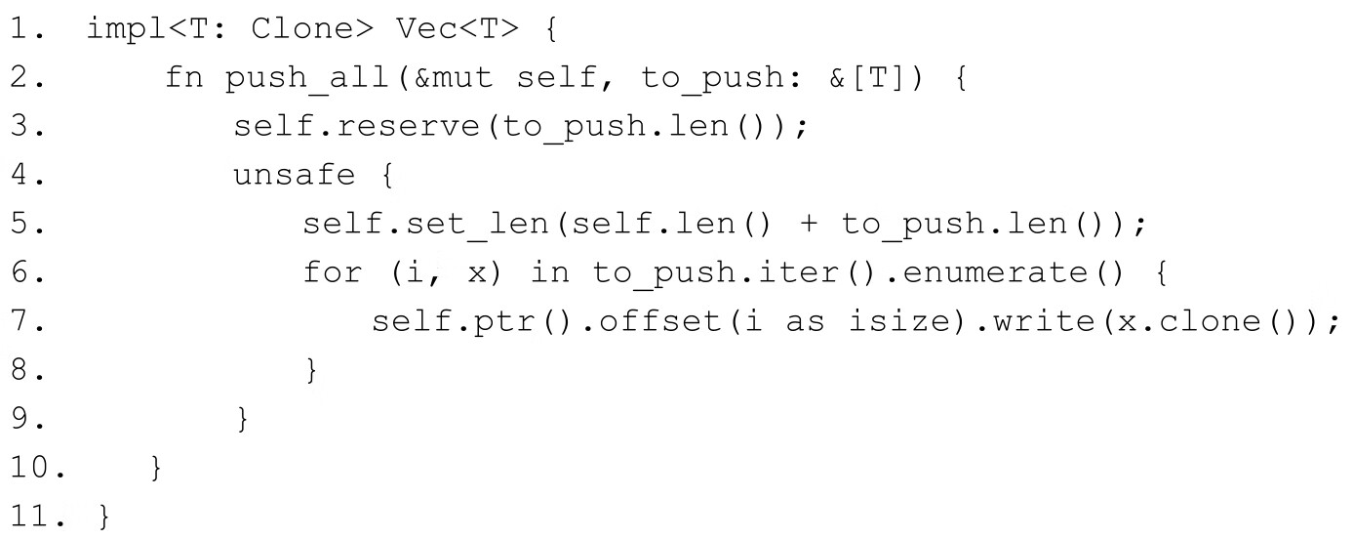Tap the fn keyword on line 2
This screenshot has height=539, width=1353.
pos(185,78)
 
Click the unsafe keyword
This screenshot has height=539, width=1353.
pos(294,177)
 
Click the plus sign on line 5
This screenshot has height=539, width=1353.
pos(807,226)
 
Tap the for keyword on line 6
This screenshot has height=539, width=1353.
pos(333,272)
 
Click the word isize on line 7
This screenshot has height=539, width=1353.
pos(886,321)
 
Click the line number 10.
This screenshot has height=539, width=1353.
pos(35,469)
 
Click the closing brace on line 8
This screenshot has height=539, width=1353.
pos(312,372)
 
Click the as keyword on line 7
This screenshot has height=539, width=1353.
pos(805,321)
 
